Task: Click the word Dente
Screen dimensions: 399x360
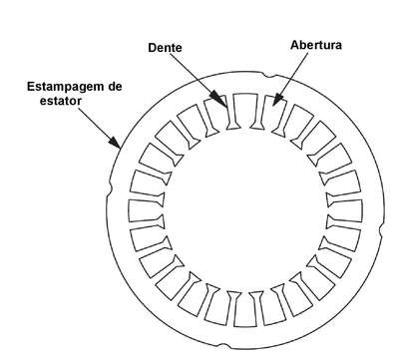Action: [x=165, y=48]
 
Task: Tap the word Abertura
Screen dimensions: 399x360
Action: [x=316, y=45]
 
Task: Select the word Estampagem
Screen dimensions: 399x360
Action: [x=65, y=87]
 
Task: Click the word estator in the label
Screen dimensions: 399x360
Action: [x=61, y=101]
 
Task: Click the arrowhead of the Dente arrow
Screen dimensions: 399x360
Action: [x=219, y=99]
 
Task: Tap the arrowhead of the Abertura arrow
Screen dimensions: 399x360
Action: [x=276, y=99]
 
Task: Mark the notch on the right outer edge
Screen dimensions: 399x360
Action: [x=382, y=230]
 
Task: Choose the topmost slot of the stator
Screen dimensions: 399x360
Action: [x=245, y=110]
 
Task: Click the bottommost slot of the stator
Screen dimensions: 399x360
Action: [x=245, y=310]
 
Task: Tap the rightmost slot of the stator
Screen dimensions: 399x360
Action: [x=346, y=210]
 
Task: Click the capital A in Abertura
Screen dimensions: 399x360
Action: [x=294, y=45]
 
